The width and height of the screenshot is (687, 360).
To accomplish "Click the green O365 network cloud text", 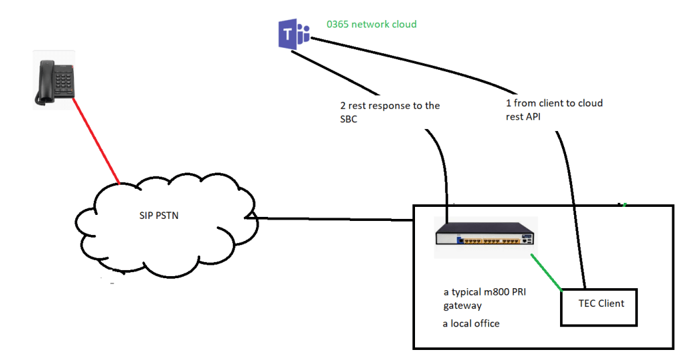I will point(371,24).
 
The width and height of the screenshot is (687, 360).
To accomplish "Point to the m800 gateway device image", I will point(485,238).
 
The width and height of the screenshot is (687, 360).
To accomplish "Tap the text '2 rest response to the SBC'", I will point(390,111).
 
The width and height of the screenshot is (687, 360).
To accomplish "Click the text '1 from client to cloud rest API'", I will point(554,109).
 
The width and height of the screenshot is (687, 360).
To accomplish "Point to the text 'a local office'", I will point(471,324).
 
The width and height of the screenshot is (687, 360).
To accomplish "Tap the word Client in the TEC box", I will point(611,304).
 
